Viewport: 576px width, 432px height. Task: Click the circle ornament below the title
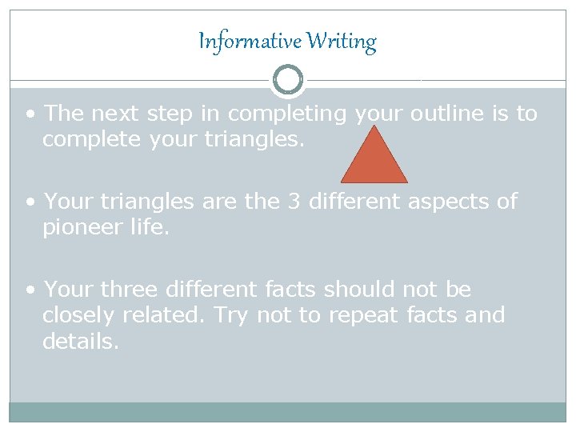(288, 79)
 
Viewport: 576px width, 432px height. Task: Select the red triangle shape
(374, 158)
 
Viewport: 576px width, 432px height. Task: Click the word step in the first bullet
(170, 114)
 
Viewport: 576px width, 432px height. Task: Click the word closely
(78, 315)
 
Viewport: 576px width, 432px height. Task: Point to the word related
(166, 315)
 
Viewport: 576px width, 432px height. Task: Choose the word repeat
(362, 317)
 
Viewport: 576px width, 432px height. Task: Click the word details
(81, 342)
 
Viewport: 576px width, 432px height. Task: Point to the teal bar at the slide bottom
(288, 412)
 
